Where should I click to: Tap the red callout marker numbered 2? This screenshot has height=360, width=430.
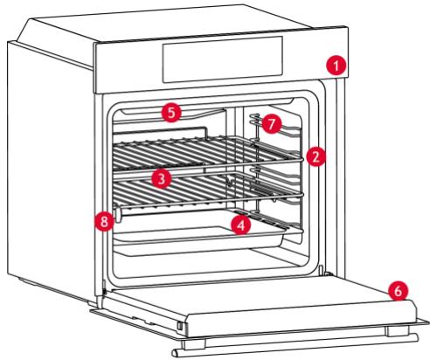(316, 157)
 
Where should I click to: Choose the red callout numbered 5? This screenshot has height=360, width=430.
(171, 112)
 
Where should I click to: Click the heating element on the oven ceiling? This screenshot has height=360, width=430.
(201, 113)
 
